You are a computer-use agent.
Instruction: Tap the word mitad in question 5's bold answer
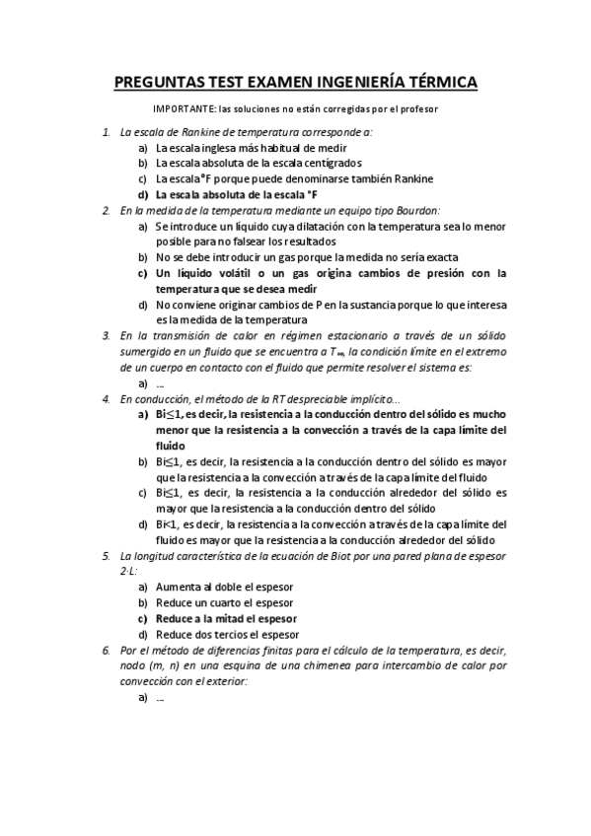tap(229, 618)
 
